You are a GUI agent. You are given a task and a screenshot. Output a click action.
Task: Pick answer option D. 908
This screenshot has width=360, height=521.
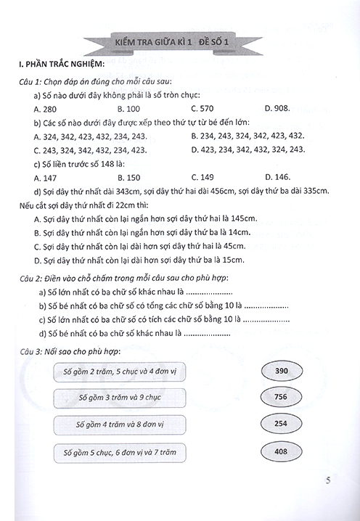pyautogui.click(x=277, y=108)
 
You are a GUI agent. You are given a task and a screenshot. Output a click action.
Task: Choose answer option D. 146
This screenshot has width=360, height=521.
pyautogui.click(x=277, y=177)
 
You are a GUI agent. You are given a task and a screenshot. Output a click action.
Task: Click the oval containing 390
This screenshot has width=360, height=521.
pyautogui.click(x=282, y=372)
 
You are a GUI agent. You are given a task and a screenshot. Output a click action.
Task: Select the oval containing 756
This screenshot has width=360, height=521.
pyautogui.click(x=282, y=398)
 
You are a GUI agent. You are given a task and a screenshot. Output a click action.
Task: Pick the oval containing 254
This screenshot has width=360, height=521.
pyautogui.click(x=282, y=424)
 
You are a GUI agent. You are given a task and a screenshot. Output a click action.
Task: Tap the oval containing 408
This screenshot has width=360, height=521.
pyautogui.click(x=282, y=451)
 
